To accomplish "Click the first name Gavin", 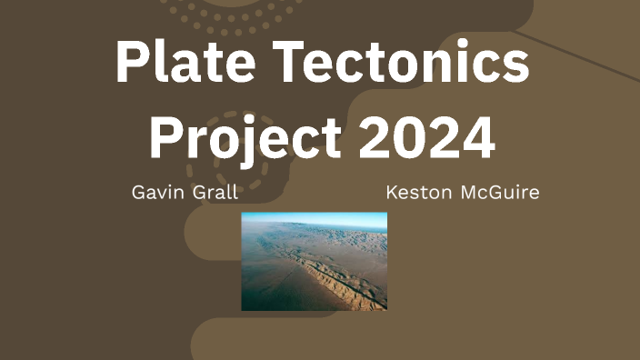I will pos(155,193).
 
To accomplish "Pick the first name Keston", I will pos(414,193).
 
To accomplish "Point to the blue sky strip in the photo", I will pos(314,218).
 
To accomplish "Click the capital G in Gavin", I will pos(138,193).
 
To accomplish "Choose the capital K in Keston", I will pos(392,193).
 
